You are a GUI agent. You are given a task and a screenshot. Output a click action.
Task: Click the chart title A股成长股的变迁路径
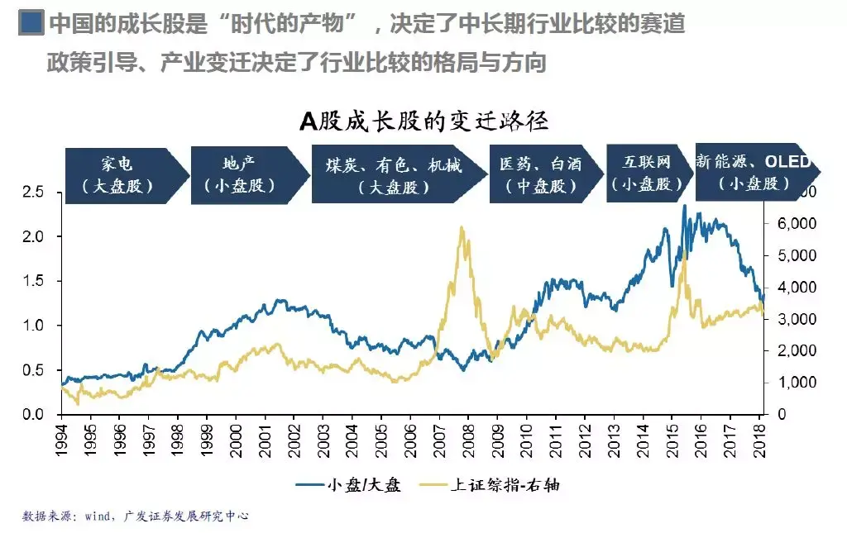(424, 121)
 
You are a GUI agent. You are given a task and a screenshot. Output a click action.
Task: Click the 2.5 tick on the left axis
(33, 192)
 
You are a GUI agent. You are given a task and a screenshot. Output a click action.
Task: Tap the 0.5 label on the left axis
(33, 370)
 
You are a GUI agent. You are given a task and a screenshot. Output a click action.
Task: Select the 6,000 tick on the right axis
(797, 223)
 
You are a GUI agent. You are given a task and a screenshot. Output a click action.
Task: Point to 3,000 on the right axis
(797, 319)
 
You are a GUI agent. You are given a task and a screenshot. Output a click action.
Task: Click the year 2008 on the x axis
(468, 440)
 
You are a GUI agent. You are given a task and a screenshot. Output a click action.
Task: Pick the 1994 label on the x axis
(61, 440)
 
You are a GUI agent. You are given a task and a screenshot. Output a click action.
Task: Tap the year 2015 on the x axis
(672, 440)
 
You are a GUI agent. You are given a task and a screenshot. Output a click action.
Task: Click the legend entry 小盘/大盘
(348, 485)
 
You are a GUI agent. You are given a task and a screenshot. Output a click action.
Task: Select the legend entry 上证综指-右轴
(490, 485)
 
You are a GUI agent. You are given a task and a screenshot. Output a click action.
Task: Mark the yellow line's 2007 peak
(462, 227)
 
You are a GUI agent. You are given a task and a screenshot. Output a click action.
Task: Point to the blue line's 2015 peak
(684, 206)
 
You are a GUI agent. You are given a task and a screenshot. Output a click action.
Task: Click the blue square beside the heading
(31, 23)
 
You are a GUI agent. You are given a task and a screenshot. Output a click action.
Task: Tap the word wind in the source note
(98, 516)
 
